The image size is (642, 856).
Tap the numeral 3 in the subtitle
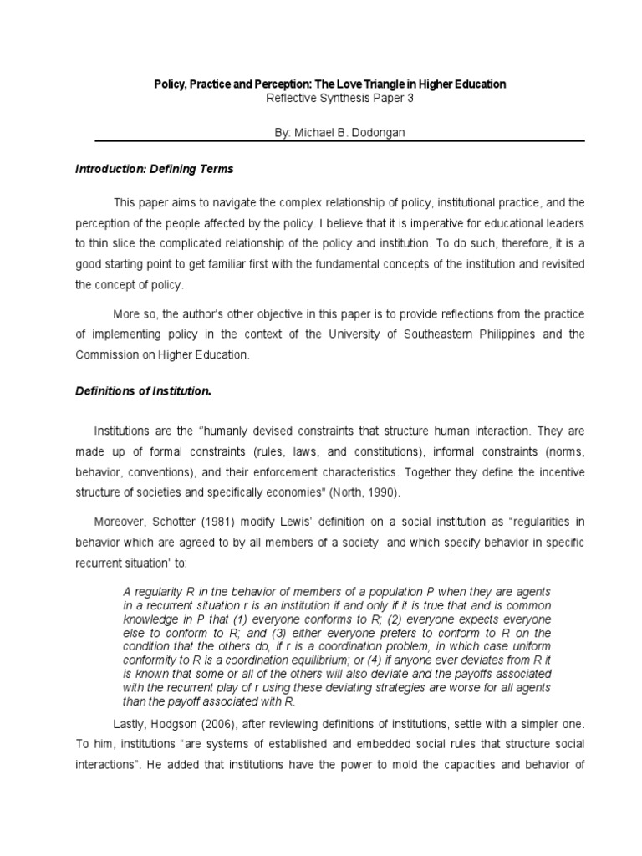tap(410, 98)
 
